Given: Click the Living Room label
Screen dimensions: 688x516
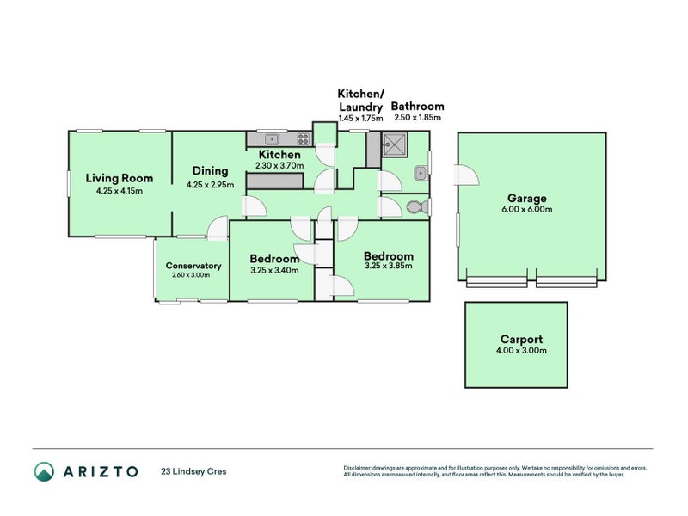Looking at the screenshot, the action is coord(120,178).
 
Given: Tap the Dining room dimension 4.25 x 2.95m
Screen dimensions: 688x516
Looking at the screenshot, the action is coord(210,185).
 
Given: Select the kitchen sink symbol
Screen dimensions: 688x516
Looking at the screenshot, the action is coord(272,139).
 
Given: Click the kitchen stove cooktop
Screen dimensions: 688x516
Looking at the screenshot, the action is coord(304,139).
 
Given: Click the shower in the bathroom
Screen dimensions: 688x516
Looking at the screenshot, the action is coord(394,144).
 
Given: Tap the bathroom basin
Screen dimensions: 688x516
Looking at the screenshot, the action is coord(420,174).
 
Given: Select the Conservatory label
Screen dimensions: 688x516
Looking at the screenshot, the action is coord(193,266).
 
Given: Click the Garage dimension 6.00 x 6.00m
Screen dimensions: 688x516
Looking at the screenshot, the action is coord(527,209).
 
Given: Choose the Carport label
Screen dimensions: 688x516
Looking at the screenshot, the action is coord(522,339).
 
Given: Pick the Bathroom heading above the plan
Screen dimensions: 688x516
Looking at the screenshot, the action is coord(417,106).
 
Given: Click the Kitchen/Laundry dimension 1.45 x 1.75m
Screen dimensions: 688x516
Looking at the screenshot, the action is coord(360,118).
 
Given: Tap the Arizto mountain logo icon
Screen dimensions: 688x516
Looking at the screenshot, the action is coord(45,471).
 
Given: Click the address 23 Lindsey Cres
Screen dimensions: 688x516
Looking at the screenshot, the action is coord(193,471).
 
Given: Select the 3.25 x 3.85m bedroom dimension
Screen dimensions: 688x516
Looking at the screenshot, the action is coord(389,266).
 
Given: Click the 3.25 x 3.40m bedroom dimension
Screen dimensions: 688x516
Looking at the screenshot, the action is coord(274,270).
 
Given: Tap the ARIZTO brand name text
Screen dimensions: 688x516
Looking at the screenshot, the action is coord(101,471).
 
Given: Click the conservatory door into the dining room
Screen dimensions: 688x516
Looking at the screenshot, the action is coord(218,228).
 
